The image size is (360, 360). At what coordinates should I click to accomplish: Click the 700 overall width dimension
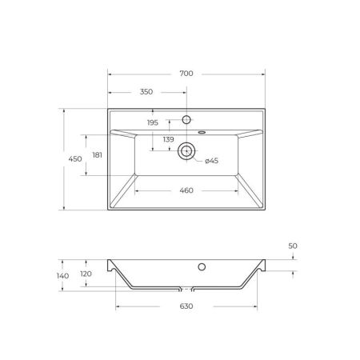(x=186, y=74)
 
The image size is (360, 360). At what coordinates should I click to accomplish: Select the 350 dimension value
(x=146, y=92)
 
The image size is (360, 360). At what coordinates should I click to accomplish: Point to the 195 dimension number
(x=153, y=122)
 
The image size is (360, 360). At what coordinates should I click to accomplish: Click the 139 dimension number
(x=168, y=140)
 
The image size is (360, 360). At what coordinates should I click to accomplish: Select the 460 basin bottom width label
(x=186, y=190)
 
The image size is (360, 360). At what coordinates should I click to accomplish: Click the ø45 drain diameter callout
(x=211, y=162)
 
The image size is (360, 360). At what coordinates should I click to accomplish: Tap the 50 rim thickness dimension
(x=293, y=246)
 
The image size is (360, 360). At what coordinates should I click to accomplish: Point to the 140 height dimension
(x=63, y=275)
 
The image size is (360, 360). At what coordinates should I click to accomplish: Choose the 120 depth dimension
(x=86, y=274)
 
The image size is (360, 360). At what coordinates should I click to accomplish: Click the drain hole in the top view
(x=186, y=149)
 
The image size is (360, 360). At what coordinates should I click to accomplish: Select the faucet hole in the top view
(x=186, y=119)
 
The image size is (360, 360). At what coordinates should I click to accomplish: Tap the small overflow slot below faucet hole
(x=200, y=131)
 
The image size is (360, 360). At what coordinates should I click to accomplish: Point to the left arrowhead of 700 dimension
(x=110, y=74)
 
